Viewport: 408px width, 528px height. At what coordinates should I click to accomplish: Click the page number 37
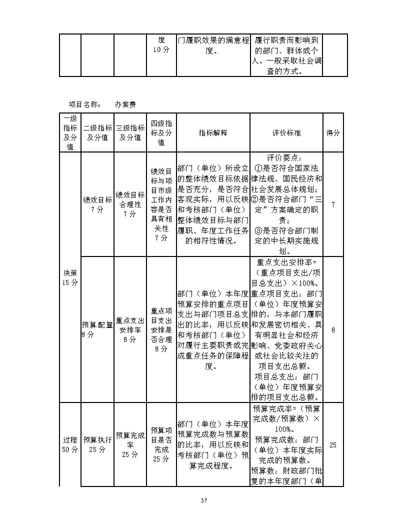(x=203, y=500)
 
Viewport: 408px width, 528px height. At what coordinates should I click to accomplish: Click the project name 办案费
(x=125, y=104)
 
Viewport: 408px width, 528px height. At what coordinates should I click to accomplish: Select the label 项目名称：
(x=84, y=104)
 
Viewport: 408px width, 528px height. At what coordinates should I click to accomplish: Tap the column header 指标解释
(x=213, y=133)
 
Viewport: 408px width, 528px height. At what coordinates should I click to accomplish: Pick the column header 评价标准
(x=286, y=133)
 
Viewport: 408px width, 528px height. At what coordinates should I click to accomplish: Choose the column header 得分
(x=333, y=133)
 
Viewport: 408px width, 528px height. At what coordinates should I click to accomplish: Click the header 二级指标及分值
(x=97, y=133)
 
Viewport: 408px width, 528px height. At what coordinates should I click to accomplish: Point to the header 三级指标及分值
(x=130, y=133)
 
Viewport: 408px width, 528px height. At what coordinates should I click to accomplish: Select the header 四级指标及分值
(x=161, y=133)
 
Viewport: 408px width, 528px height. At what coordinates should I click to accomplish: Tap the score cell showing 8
(x=333, y=329)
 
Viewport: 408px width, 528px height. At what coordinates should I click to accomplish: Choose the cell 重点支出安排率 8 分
(x=130, y=330)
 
